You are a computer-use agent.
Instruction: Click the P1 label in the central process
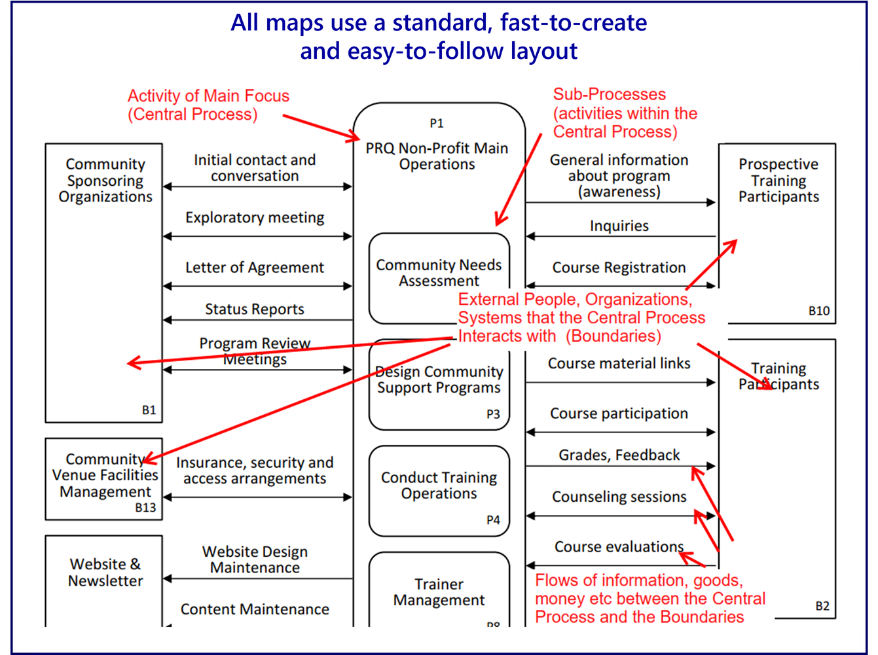(437, 123)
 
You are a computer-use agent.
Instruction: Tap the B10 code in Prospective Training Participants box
(818, 311)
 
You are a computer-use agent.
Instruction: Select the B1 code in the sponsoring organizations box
(149, 410)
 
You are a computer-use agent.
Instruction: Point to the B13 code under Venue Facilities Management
(145, 508)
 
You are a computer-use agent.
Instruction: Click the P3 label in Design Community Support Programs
(493, 414)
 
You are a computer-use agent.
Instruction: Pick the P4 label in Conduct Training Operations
(493, 520)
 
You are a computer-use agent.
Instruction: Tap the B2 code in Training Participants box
(822, 606)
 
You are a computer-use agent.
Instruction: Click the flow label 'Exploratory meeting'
(255, 218)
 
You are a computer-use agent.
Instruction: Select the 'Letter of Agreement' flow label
(255, 268)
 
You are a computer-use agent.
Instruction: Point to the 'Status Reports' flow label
(255, 310)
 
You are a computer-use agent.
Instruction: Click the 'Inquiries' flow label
(619, 226)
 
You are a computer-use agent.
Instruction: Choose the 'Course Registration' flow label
(619, 268)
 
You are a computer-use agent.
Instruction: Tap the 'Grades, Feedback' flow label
(619, 455)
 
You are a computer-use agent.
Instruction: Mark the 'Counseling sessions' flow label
(619, 497)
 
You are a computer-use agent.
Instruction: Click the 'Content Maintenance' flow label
(255, 610)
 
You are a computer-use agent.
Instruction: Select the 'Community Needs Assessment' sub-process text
(439, 273)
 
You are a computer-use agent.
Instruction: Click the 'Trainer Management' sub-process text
(439, 592)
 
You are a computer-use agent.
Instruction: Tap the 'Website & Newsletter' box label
(105, 573)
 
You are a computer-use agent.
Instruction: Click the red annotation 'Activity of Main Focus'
(208, 96)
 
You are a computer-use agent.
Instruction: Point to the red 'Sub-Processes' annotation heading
(609, 94)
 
